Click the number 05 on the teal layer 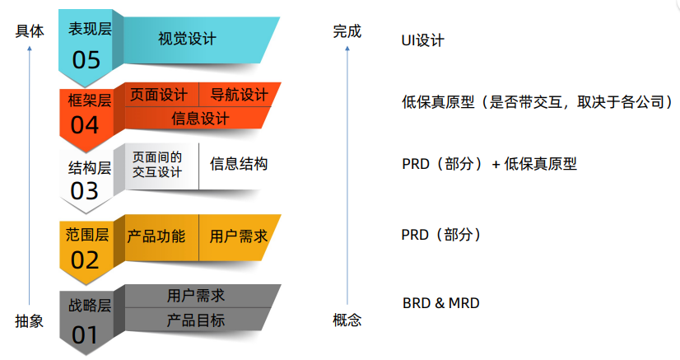tap(86, 59)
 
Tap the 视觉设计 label tap(187, 39)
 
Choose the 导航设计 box tap(239, 95)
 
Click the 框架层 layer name tap(89, 101)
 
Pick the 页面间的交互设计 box tap(157, 164)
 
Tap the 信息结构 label tap(239, 164)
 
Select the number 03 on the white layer tap(85, 191)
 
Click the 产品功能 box tap(156, 236)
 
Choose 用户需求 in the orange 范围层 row tap(239, 236)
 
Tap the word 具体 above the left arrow tap(30, 31)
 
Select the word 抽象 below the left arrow tap(30, 321)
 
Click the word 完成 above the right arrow tap(347, 31)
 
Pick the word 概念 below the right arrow tap(347, 320)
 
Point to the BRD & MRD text tap(440, 303)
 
